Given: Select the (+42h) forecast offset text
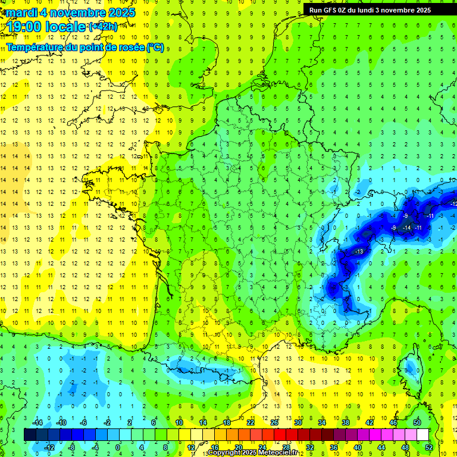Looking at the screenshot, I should (102, 27).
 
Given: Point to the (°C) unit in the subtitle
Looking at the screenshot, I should (155, 47).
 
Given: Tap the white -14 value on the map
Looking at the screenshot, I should (407, 228).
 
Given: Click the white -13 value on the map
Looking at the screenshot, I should (359, 252).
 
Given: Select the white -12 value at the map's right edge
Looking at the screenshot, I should (453, 204).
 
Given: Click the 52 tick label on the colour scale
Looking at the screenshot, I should (429, 447).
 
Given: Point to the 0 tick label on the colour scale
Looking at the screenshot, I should (118, 447).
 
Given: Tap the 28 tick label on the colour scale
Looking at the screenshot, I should (286, 447).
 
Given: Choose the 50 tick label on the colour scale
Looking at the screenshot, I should (417, 422).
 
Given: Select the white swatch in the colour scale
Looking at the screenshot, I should (423, 435).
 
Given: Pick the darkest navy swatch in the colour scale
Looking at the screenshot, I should (30, 435).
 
